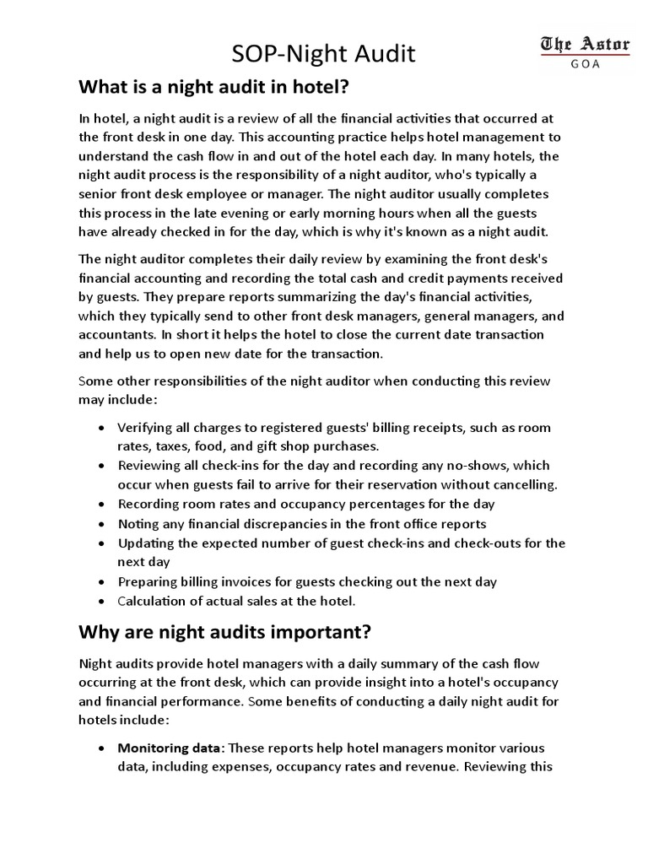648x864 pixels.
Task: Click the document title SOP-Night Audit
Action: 324,55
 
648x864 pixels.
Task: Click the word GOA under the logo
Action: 585,65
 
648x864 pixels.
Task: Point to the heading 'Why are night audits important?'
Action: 224,632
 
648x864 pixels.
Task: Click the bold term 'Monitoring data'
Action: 170,748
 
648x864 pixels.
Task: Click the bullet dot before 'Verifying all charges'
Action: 101,428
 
